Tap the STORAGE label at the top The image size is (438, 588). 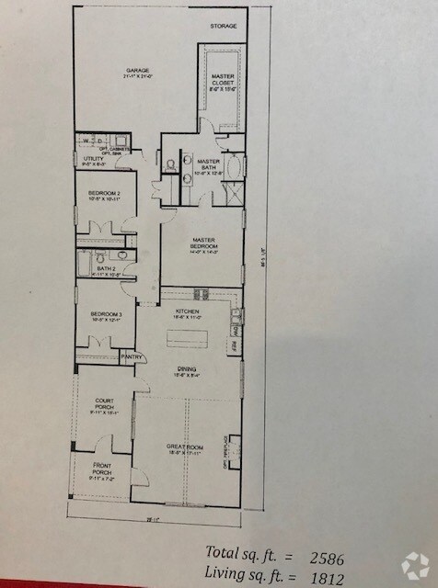pyautogui.click(x=223, y=26)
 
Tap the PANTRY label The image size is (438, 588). pyautogui.click(x=132, y=356)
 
